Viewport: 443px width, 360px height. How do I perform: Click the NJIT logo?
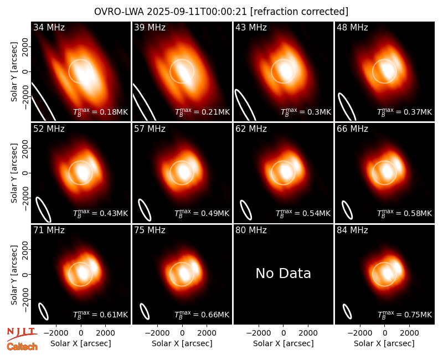tap(22, 334)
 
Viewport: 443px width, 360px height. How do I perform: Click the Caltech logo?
tap(22, 347)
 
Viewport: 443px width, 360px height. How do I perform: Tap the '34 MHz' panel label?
tap(49, 27)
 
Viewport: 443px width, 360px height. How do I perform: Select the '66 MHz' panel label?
tap(352, 129)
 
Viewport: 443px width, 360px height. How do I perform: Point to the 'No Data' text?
tap(283, 273)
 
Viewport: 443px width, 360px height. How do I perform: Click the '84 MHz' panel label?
tap(352, 230)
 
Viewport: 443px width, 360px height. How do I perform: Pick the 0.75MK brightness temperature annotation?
tap(405, 314)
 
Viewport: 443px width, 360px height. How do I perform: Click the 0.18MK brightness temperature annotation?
tap(101, 111)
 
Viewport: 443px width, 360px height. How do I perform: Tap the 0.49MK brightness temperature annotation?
tap(202, 213)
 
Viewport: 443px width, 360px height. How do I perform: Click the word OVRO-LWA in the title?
tap(119, 12)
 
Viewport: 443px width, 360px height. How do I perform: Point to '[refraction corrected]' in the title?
tap(299, 12)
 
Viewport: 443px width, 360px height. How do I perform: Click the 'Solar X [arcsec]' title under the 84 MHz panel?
tap(384, 343)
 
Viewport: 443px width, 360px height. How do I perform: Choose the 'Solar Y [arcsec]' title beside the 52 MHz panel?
tap(14, 173)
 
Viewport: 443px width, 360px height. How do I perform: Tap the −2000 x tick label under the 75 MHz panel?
tap(157, 333)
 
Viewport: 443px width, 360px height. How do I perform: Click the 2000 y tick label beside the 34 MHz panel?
tap(25, 47)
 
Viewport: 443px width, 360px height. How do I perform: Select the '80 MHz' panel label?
tap(251, 230)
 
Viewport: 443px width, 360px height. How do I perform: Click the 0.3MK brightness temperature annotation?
tap(306, 111)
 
